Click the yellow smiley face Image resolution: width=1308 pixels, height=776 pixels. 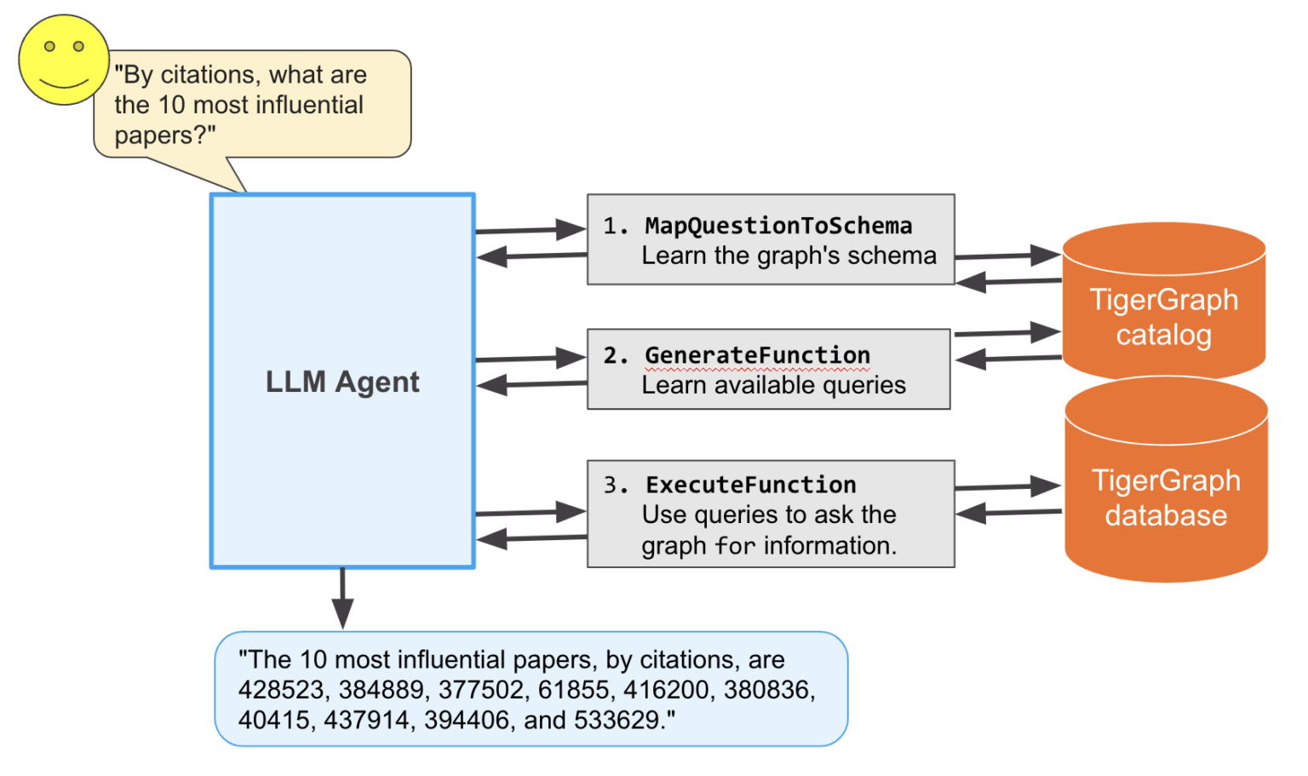tap(64, 60)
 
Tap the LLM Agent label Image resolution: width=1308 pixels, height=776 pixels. tap(342, 382)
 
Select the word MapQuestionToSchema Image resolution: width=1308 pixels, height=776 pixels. tap(778, 226)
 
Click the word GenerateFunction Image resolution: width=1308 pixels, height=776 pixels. tap(757, 355)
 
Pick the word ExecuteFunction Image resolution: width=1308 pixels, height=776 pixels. tap(750, 485)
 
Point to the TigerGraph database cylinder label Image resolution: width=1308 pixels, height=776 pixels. tap(1166, 497)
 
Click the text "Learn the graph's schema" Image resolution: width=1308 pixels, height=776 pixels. tap(789, 256)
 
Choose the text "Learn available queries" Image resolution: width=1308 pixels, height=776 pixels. tap(773, 385)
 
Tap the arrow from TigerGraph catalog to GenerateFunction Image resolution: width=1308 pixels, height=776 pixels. tap(1008, 359)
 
